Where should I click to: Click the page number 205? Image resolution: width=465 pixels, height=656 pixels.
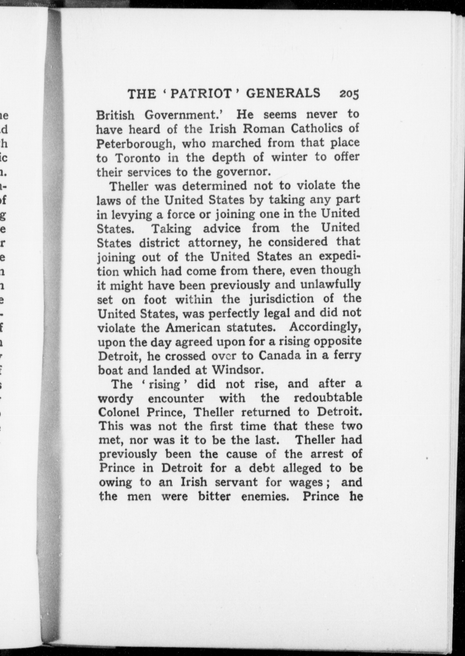point(350,94)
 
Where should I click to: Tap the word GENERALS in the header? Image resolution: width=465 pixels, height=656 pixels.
point(283,93)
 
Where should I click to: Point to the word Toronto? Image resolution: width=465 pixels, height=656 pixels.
point(138,158)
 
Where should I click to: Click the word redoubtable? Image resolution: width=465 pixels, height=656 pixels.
point(328,398)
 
